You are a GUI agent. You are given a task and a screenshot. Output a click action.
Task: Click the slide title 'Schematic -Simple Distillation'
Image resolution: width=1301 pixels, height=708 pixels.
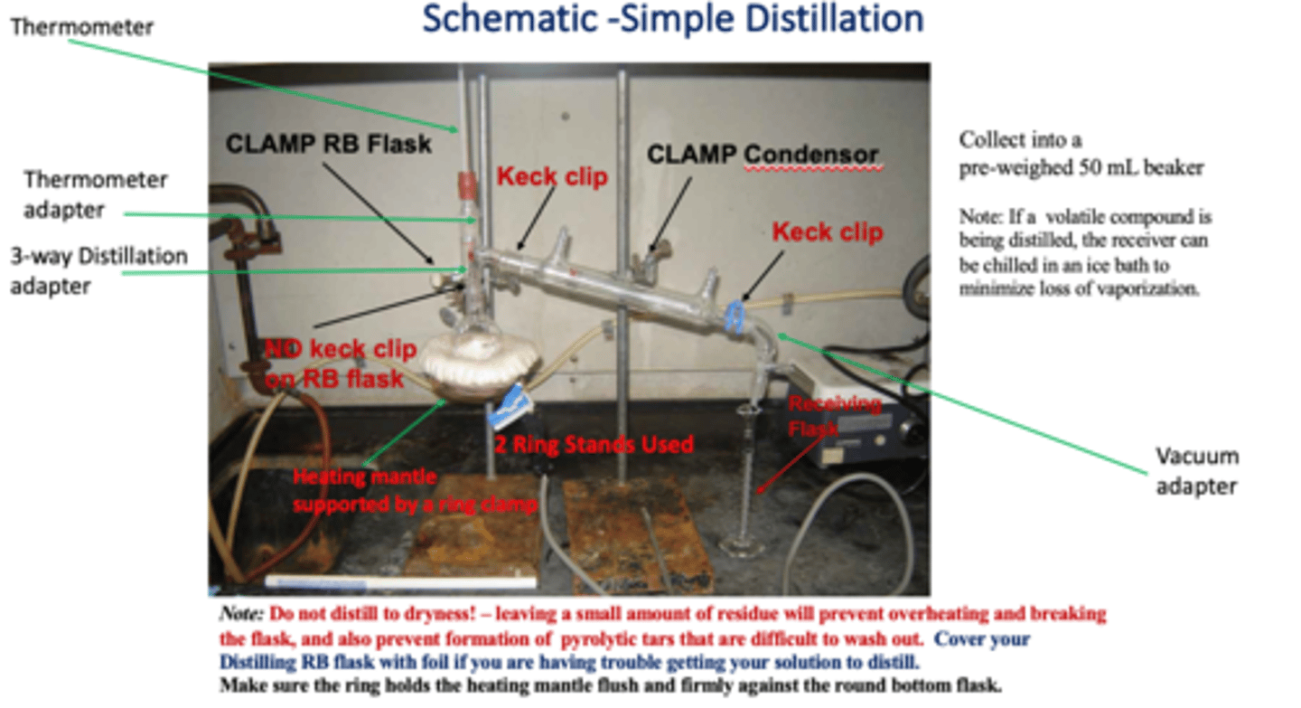(673, 19)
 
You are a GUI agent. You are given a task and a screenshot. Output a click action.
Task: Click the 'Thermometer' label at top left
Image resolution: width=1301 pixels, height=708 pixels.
(82, 27)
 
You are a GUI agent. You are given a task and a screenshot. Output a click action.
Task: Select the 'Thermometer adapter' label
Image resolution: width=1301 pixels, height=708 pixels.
(95, 194)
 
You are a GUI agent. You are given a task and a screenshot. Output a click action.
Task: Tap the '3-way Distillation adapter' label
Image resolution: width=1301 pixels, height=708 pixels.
(98, 270)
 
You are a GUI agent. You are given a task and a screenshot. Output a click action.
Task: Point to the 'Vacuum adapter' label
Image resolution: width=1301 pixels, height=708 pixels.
(1197, 471)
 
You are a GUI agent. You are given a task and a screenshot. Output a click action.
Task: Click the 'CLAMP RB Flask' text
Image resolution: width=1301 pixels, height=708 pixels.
(328, 144)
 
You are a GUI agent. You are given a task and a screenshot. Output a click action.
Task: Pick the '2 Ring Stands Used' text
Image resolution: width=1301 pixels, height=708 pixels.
(593, 444)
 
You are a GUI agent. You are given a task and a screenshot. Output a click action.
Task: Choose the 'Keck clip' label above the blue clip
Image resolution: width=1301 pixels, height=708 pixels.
(827, 232)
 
